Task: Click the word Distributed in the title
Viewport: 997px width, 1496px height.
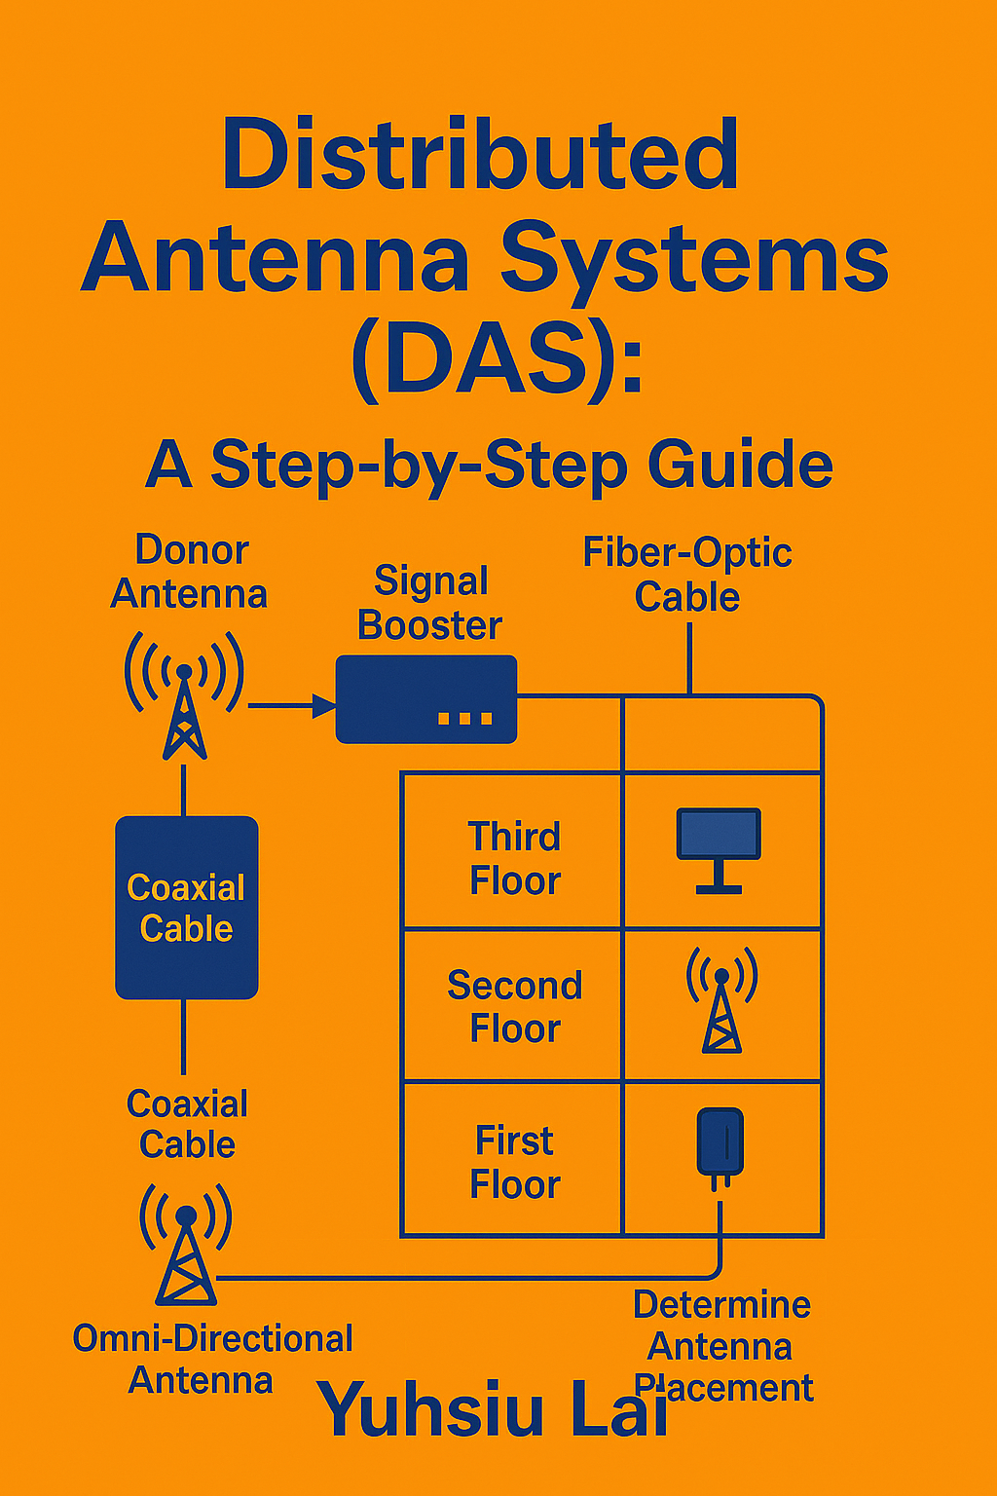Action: pyautogui.click(x=480, y=154)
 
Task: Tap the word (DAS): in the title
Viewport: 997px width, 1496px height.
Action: pyautogui.click(x=497, y=360)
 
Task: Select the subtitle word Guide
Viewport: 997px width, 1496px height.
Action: pyautogui.click(x=740, y=465)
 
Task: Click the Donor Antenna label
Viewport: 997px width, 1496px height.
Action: pyautogui.click(x=190, y=572)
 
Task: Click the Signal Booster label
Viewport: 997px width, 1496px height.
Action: pyautogui.click(x=430, y=603)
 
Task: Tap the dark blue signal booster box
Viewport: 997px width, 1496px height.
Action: pyautogui.click(x=426, y=699)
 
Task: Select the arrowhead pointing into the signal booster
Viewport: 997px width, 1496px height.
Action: pyautogui.click(x=324, y=705)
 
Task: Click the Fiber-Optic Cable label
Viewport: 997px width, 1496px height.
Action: pyautogui.click(x=687, y=575)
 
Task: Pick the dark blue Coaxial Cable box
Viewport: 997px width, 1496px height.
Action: pyautogui.click(x=187, y=908)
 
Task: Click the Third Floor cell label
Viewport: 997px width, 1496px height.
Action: pyautogui.click(x=515, y=859)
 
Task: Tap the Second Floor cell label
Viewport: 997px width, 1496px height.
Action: pyautogui.click(x=515, y=1006)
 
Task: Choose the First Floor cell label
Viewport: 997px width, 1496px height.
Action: pyautogui.click(x=515, y=1161)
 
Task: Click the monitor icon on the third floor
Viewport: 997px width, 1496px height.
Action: pyautogui.click(x=719, y=850)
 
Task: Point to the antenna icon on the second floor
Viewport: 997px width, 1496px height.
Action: pyautogui.click(x=721, y=1000)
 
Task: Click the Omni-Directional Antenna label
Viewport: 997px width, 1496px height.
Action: pyautogui.click(x=212, y=1359)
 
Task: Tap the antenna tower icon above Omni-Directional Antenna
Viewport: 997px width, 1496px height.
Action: pyautogui.click(x=186, y=1245)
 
